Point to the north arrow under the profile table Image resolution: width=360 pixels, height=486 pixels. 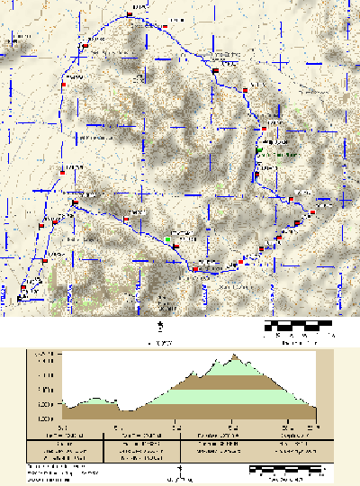(x=181, y=469)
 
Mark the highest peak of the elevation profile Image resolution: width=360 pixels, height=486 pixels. (x=233, y=355)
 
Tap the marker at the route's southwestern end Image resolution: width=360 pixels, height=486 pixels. (x=23, y=289)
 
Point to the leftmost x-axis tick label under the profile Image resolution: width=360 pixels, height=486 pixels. (x=62, y=428)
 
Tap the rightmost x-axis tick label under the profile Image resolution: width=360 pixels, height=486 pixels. (x=314, y=428)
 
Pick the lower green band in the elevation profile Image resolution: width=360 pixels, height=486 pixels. (x=207, y=396)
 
